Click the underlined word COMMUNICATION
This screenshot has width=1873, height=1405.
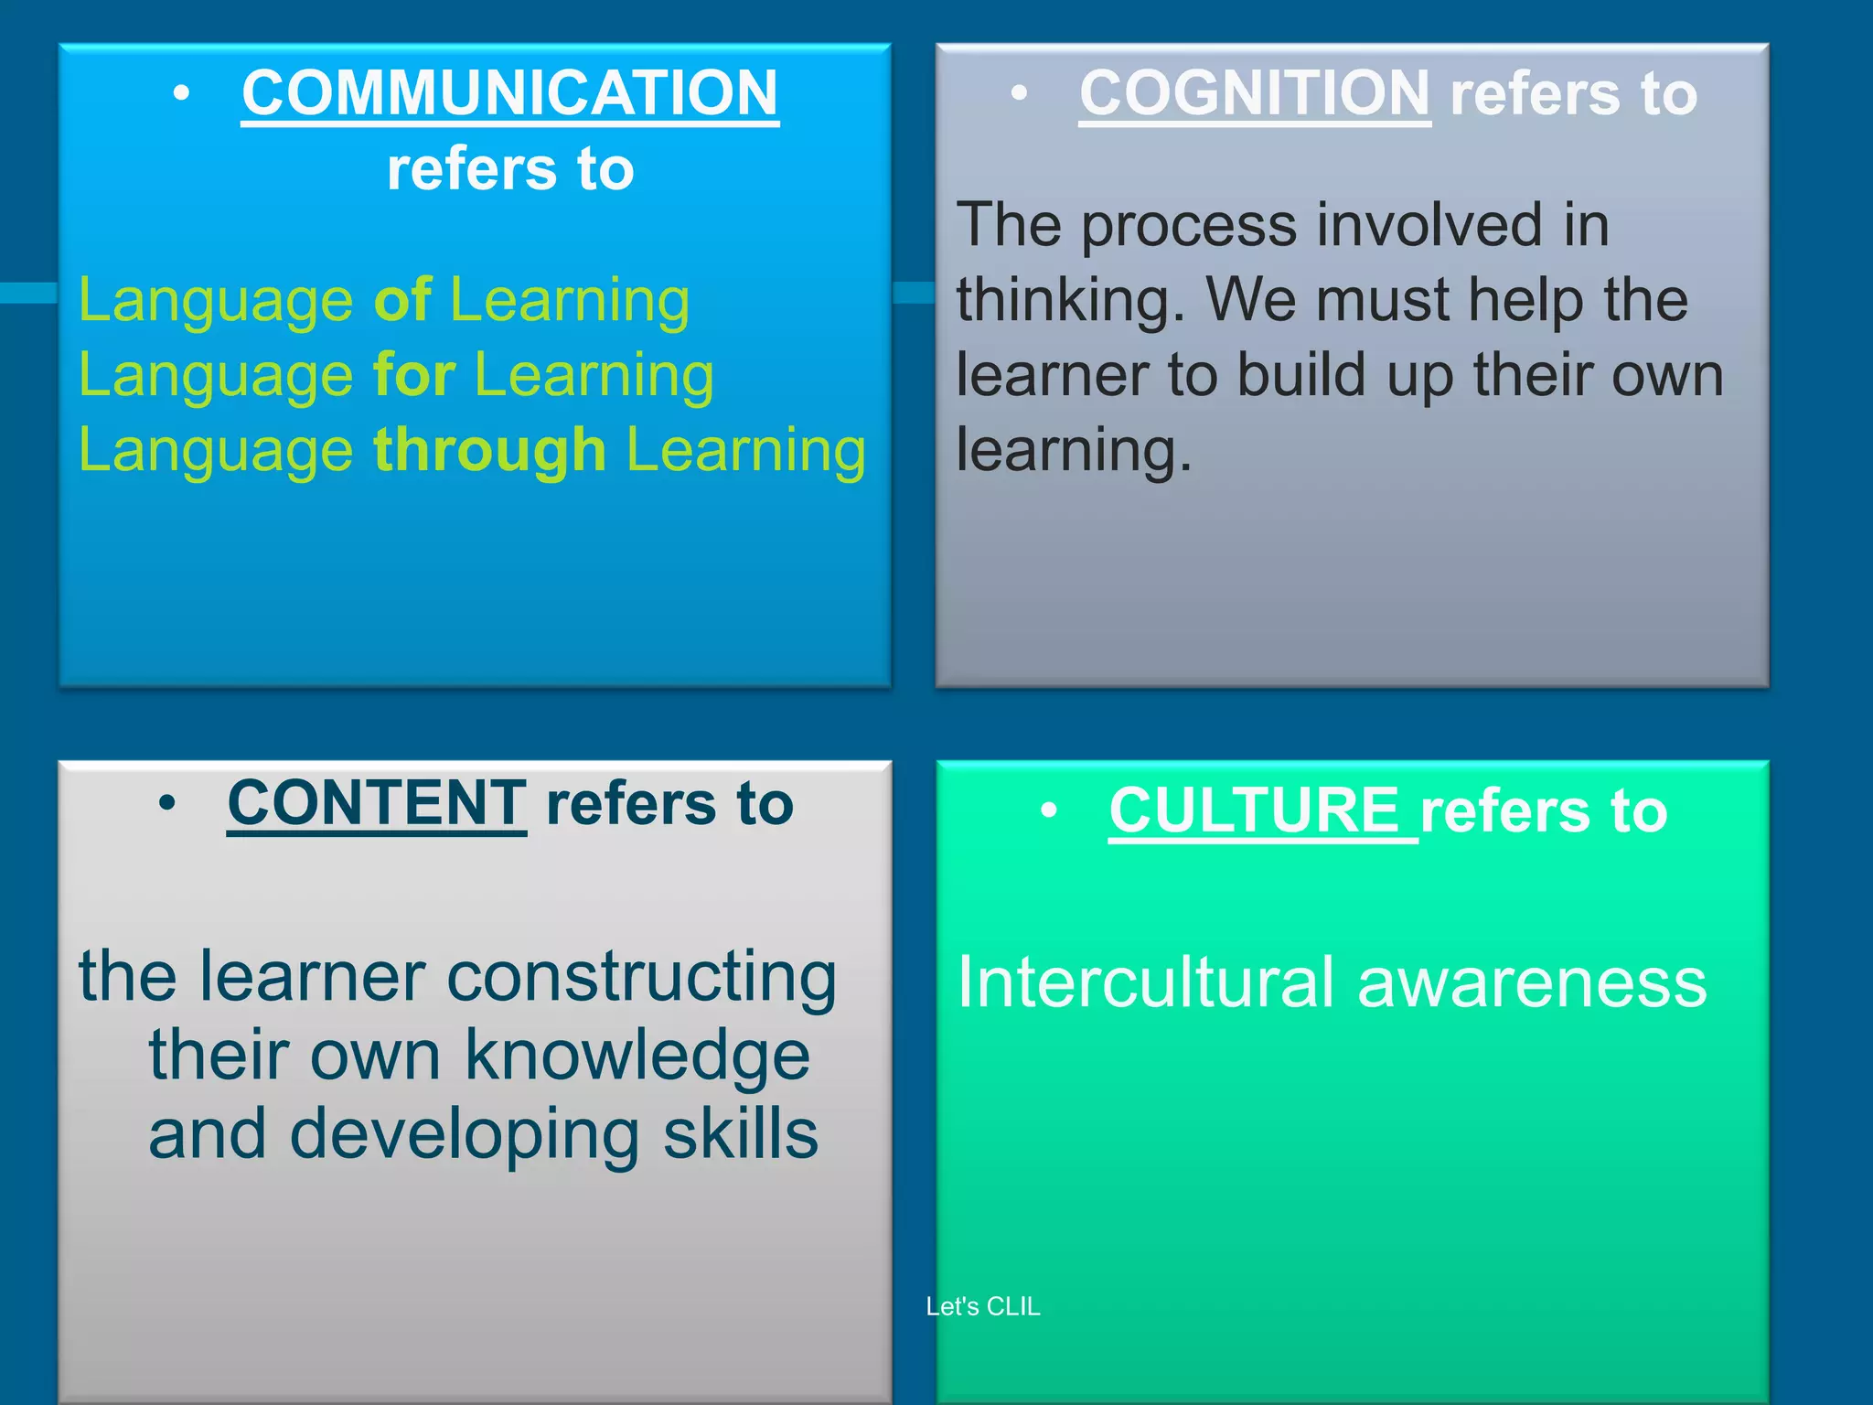(x=509, y=93)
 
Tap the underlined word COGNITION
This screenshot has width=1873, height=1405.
(x=1254, y=93)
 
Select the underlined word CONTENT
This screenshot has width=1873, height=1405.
(x=377, y=803)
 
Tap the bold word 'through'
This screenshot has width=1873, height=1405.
(x=489, y=450)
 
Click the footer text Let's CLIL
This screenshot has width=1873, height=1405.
(x=983, y=1306)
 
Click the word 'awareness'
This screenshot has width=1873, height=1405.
(x=1532, y=982)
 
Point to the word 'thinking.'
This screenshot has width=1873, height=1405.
(x=1071, y=300)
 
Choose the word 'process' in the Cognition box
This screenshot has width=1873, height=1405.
(x=1189, y=225)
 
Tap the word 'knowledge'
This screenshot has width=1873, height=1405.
(x=637, y=1056)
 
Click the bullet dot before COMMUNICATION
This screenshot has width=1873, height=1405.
(x=182, y=93)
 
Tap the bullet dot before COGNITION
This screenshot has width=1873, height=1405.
(x=1020, y=93)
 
